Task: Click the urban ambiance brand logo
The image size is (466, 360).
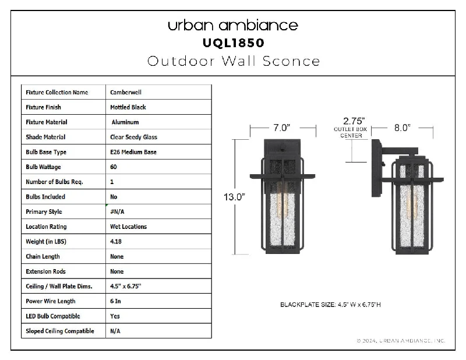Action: coord(232,26)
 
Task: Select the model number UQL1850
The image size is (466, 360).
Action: coord(234,43)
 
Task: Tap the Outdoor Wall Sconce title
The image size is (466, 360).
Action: coord(234,61)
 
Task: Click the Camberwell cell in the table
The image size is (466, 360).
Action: coord(126,92)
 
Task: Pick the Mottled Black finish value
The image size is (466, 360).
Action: coord(128,107)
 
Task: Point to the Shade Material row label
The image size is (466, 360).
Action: coord(45,137)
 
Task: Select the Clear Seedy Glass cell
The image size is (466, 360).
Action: coord(133,137)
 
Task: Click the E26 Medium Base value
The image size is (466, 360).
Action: coord(133,152)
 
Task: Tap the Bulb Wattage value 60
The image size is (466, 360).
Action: coord(114,167)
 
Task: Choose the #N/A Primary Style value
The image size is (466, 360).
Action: coord(117,211)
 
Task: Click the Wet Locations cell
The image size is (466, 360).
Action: coord(128,227)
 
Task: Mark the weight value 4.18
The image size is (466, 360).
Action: coord(115,241)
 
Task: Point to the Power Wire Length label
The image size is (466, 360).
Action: coord(51,301)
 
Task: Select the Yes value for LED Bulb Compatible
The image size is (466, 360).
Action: coord(115,316)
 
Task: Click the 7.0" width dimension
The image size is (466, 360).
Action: coord(281,128)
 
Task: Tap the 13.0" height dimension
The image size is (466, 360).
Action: coord(234,197)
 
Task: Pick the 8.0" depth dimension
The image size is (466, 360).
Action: coord(402,128)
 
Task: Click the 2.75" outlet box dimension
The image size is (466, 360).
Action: coord(354,121)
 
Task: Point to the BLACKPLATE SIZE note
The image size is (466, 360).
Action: coord(330,305)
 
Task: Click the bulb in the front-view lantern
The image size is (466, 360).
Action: coord(282,200)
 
